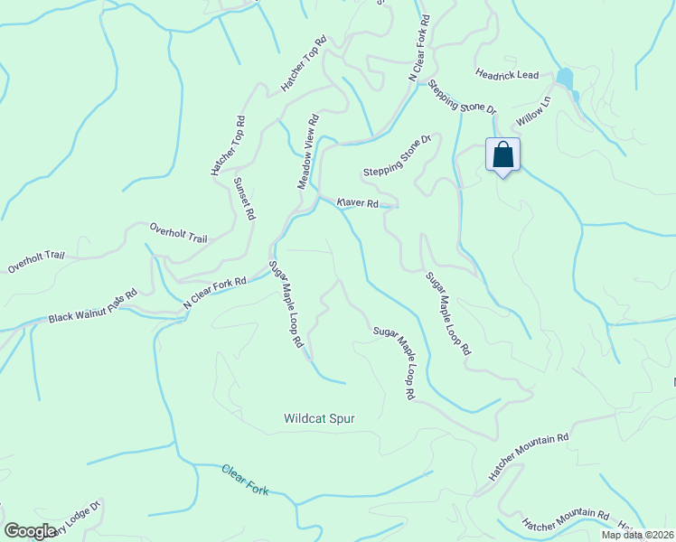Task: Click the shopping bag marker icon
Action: pyautogui.click(x=503, y=154)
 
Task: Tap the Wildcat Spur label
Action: pyautogui.click(x=318, y=419)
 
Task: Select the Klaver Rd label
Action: pyautogui.click(x=357, y=203)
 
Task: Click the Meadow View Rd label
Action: pyautogui.click(x=309, y=151)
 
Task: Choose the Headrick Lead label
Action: pyautogui.click(x=507, y=75)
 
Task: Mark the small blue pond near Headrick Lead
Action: pyautogui.click(x=565, y=79)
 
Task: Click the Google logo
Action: pyautogui.click(x=31, y=530)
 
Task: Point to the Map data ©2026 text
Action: pyautogui.click(x=638, y=535)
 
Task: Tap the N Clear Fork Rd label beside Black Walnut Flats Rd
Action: pyautogui.click(x=215, y=294)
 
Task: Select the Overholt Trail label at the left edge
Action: pyautogui.click(x=37, y=262)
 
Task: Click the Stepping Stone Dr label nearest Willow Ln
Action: pyautogui.click(x=463, y=96)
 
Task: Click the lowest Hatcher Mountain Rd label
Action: pyautogui.click(x=567, y=519)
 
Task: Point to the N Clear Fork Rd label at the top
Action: pyautogui.click(x=418, y=49)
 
